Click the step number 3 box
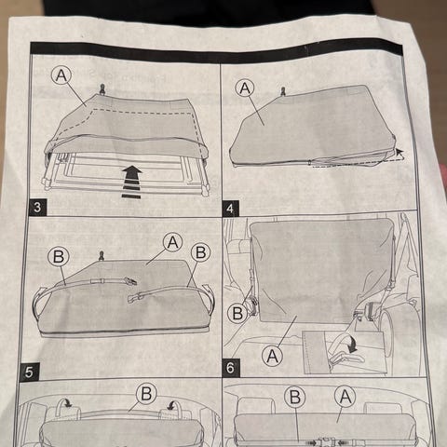click(37, 207)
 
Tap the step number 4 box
click(231, 209)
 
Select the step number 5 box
click(29, 372)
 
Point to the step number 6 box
click(231, 368)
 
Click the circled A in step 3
click(61, 75)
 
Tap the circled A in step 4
click(245, 88)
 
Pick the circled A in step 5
click(173, 242)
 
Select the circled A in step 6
click(272, 356)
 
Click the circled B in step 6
click(237, 313)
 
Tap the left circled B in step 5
click(59, 257)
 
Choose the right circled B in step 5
click(200, 252)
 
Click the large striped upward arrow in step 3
click(131, 182)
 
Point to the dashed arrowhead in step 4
click(400, 152)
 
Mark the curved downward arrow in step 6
click(352, 345)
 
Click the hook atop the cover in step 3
click(102, 89)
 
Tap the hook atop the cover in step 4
click(283, 92)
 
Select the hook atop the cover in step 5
click(102, 256)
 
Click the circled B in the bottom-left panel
click(146, 394)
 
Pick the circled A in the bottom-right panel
click(345, 397)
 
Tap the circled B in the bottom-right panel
click(294, 397)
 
